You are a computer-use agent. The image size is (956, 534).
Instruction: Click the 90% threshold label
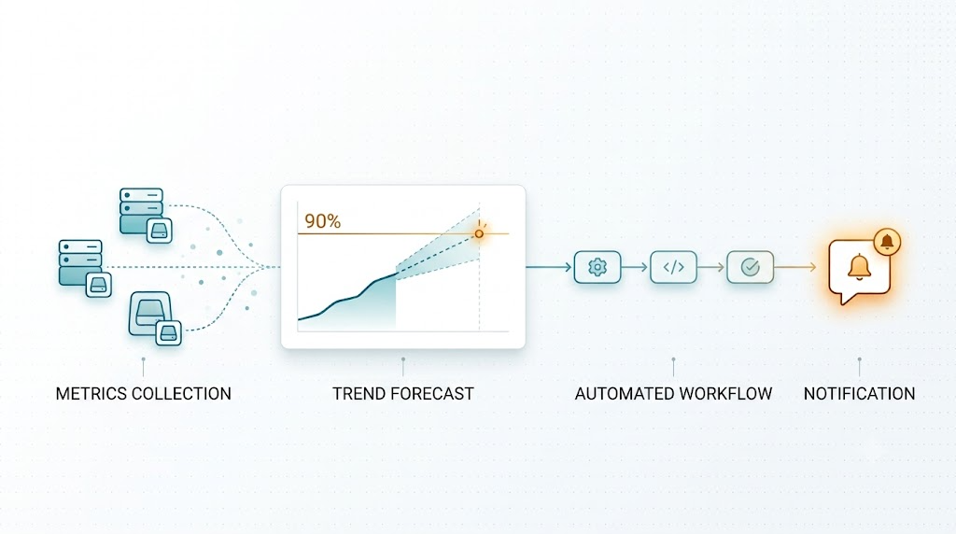pyautogui.click(x=322, y=220)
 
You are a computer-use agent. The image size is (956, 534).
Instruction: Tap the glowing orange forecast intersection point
pyautogui.click(x=479, y=233)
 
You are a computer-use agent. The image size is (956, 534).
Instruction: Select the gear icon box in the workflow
pyautogui.click(x=597, y=267)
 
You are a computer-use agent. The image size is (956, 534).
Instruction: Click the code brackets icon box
pyautogui.click(x=674, y=267)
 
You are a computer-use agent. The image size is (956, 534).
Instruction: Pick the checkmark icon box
pyautogui.click(x=750, y=267)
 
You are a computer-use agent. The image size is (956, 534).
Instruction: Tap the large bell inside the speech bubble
pyautogui.click(x=859, y=267)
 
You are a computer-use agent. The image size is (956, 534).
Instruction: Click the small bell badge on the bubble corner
pyautogui.click(x=887, y=242)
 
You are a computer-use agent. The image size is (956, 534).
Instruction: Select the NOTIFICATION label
pyautogui.click(x=859, y=394)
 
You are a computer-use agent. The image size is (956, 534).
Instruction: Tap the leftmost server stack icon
pyautogui.click(x=80, y=262)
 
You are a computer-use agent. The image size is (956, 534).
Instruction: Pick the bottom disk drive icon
pyautogui.click(x=150, y=314)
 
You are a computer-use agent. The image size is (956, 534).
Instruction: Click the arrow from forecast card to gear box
pyautogui.click(x=549, y=267)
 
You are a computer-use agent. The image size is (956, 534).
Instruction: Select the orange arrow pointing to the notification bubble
pyautogui.click(x=795, y=267)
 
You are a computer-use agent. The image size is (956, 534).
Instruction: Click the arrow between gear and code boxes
pyautogui.click(x=635, y=267)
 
